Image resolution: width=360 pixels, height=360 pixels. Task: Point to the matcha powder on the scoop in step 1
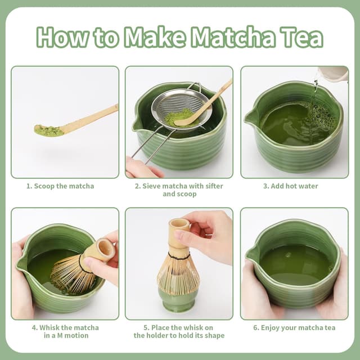click(49, 131)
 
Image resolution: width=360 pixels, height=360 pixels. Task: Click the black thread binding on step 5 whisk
click(178, 256)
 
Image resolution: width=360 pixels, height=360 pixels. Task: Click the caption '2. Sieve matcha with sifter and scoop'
click(178, 190)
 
